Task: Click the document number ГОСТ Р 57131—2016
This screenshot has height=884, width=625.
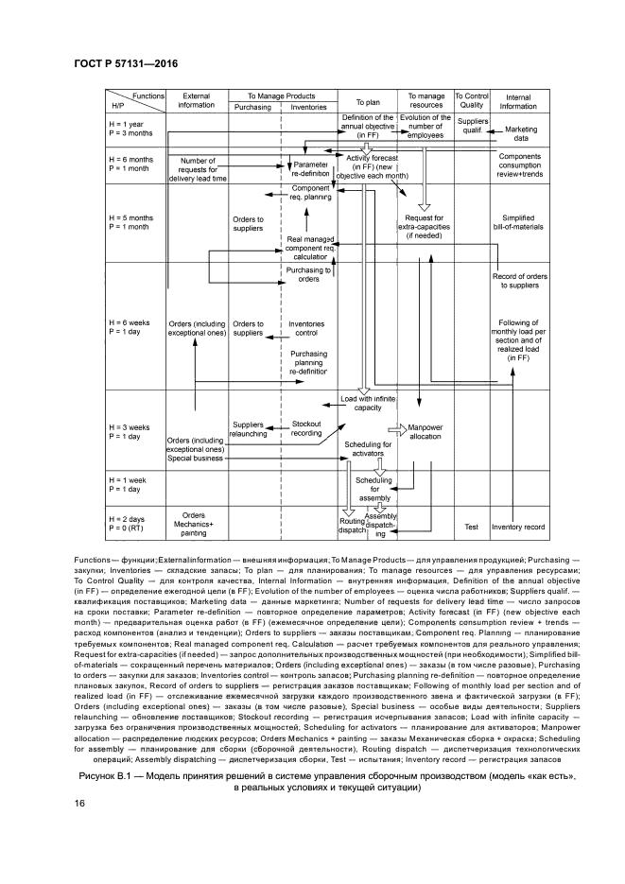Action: [126, 64]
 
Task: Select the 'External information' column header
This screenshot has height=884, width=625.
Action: [197, 100]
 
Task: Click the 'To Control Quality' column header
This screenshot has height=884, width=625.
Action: [471, 101]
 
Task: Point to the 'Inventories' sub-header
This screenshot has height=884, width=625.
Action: [308, 107]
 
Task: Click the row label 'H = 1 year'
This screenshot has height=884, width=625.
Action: [128, 124]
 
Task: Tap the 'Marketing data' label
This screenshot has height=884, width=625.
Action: [520, 133]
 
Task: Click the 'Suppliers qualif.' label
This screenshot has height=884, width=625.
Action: [472, 127]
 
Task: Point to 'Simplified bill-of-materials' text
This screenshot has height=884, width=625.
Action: [518, 223]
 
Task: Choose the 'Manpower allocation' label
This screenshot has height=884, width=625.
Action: [425, 433]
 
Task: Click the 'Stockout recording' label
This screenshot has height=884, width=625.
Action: [307, 428]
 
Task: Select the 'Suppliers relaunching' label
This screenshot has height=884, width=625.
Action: [248, 429]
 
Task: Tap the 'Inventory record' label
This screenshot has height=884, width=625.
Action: [518, 527]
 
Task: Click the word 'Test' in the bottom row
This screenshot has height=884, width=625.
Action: [472, 527]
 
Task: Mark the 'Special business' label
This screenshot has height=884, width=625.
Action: [196, 459]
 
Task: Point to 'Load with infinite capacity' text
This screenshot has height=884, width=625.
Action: [367, 404]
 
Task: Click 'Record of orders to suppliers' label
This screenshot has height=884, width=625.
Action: [519, 280]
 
